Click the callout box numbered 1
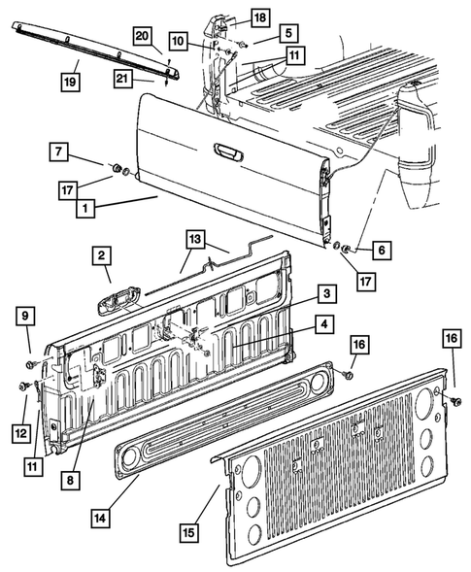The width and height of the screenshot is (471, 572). [x=86, y=207]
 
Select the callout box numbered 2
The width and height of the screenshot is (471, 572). [x=100, y=256]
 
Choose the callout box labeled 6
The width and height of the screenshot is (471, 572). [x=381, y=250]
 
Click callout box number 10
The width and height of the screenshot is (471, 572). [x=179, y=41]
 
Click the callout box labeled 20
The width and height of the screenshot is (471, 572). [x=142, y=37]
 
